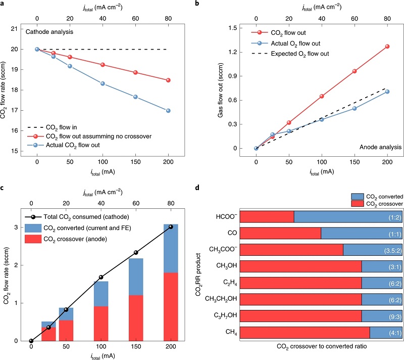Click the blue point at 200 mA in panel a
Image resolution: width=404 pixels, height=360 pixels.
pyautogui.click(x=168, y=111)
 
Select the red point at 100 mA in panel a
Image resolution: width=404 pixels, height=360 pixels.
pyautogui.click(x=103, y=65)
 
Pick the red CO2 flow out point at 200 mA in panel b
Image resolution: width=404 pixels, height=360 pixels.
pyautogui.click(x=387, y=47)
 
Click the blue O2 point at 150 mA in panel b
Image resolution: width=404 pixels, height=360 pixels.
pyautogui.click(x=355, y=108)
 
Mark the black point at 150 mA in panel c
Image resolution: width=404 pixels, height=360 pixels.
pyautogui.click(x=136, y=252)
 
